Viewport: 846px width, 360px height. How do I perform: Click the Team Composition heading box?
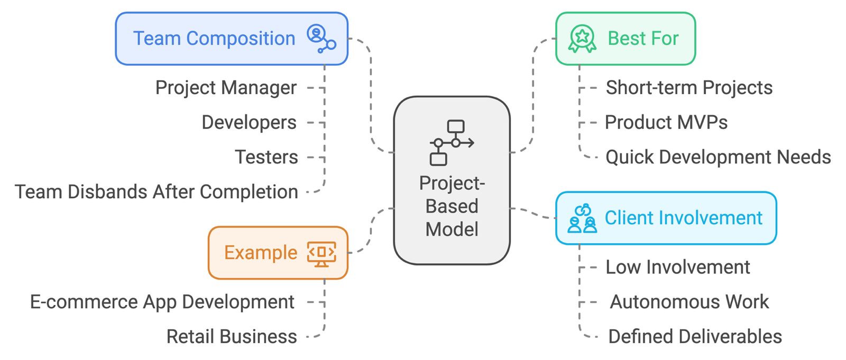(231, 39)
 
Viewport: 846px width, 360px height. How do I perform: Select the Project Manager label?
(226, 88)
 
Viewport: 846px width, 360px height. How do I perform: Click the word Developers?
(249, 123)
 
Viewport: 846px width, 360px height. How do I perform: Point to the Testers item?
(266, 158)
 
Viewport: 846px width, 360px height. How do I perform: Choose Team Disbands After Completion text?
(157, 192)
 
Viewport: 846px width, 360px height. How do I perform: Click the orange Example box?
(278, 253)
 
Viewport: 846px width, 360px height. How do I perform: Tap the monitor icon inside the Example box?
(321, 253)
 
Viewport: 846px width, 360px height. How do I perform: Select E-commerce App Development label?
(162, 302)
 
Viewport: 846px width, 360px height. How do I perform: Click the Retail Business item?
(232, 337)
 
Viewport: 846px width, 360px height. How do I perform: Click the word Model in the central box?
(452, 229)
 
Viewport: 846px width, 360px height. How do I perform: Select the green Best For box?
(625, 39)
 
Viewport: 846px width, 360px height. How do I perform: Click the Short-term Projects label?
(689, 88)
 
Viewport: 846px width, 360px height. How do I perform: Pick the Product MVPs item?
(666, 123)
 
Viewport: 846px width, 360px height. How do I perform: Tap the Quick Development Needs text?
(718, 158)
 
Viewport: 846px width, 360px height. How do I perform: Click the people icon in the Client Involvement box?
(582, 218)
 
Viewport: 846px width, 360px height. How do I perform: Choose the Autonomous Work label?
(689, 302)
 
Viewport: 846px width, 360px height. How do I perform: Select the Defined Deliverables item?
(695, 337)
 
